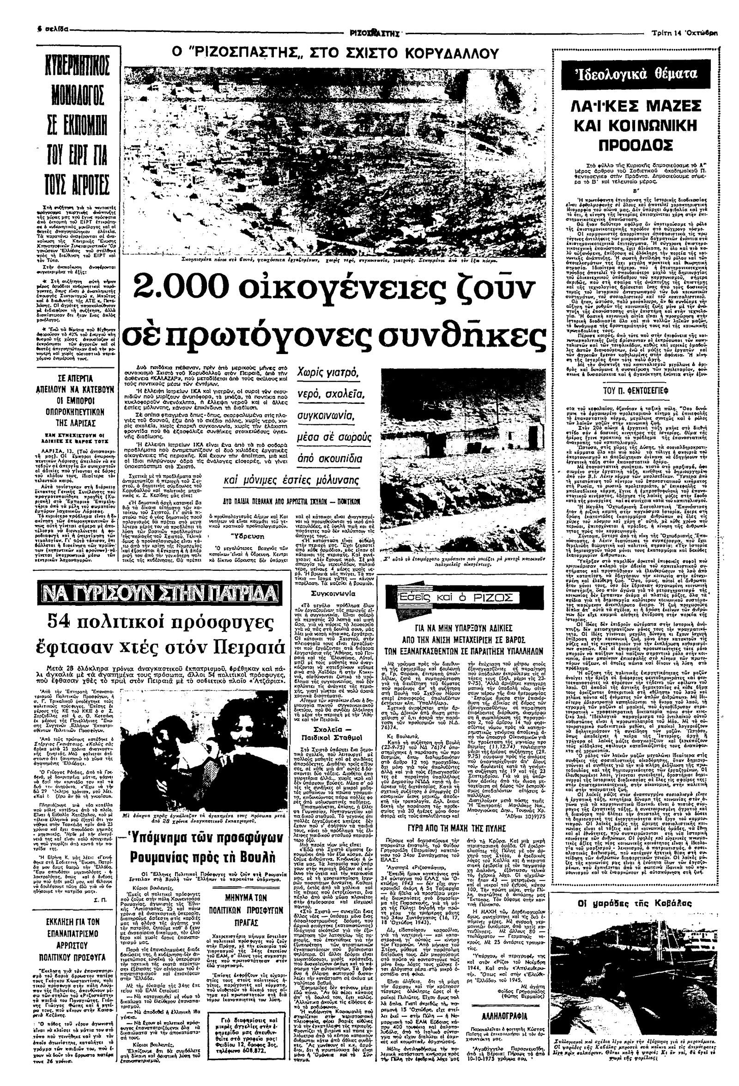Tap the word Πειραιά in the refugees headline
[x=246, y=648]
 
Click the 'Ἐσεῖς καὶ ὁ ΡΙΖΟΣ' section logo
[x=449, y=598]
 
